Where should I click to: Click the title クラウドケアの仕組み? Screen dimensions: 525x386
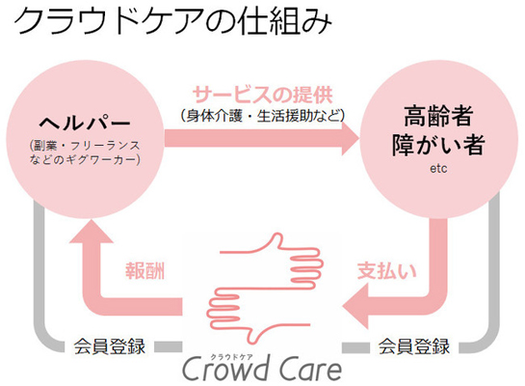coord(173,21)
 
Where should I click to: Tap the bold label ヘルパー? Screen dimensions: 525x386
coord(85,123)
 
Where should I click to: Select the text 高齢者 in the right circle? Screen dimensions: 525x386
coord(438,116)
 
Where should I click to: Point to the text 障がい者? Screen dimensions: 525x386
coord(438,145)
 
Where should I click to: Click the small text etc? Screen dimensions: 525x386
coord(438,168)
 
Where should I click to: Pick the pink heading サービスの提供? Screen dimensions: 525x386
coord(263,95)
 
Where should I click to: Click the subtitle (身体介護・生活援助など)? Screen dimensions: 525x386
coord(263,116)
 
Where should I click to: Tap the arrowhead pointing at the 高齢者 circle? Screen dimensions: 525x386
coord(351,138)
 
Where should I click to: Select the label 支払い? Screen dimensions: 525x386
coord(386,271)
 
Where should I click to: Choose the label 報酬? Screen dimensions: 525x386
coord(145,271)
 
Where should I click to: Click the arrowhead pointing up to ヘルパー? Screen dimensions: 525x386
coord(92,231)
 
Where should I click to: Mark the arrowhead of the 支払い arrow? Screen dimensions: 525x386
coord(355,306)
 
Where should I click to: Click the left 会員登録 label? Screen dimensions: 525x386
coord(109,346)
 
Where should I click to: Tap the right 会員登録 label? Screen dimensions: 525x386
coord(414,346)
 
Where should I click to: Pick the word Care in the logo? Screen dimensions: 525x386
coord(311,370)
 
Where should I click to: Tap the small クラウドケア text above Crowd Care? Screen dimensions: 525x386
coord(232,357)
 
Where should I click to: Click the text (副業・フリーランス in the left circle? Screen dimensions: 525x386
coord(85,146)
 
